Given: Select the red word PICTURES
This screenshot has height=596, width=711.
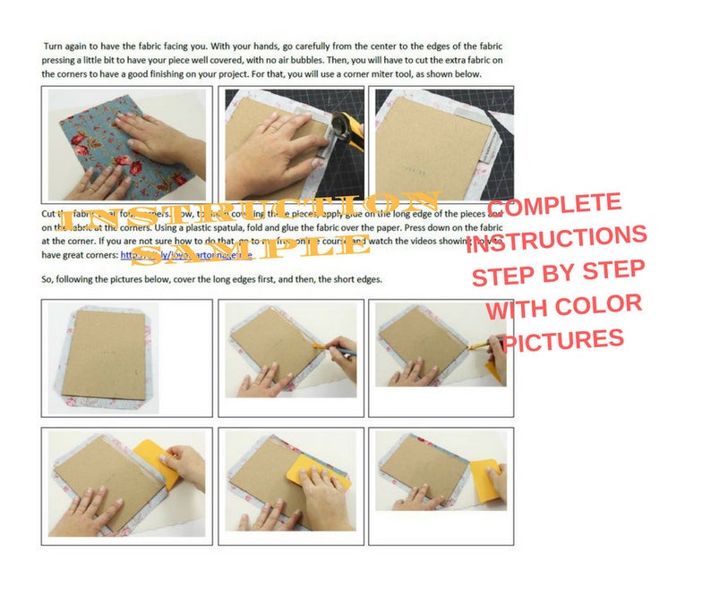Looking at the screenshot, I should click(564, 338).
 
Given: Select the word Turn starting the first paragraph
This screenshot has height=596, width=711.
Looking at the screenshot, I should click(56, 45).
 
